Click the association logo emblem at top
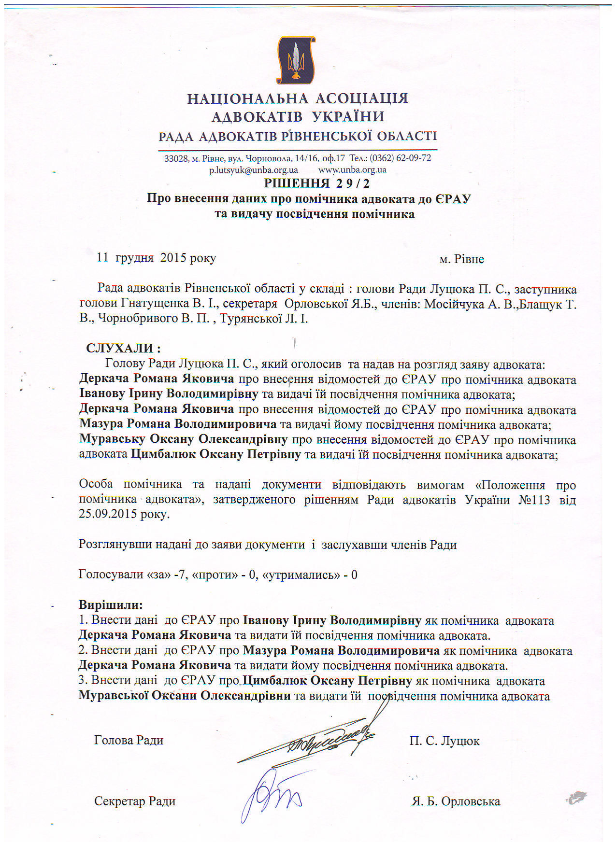[296, 60]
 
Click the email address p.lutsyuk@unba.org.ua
[253, 170]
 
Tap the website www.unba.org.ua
[352, 170]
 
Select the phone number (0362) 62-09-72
[400, 158]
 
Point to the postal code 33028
[176, 158]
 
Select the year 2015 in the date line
[173, 258]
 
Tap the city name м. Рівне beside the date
[461, 259]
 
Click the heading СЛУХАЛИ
[123, 348]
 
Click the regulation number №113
[534, 500]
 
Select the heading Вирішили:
[111, 604]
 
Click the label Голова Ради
[129, 740]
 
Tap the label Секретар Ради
[135, 801]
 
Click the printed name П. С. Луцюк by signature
[444, 741]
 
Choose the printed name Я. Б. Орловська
[456, 802]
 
